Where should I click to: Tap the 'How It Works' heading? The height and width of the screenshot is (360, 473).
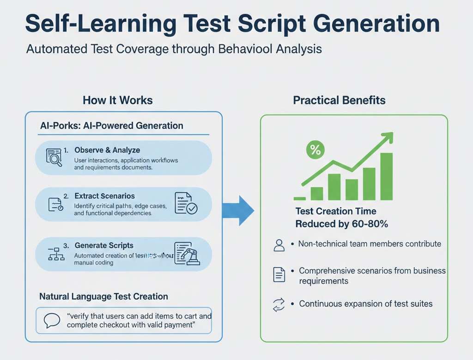(117, 100)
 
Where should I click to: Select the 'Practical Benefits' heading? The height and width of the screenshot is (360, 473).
(339, 100)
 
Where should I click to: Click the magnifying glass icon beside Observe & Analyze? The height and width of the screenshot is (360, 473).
(54, 157)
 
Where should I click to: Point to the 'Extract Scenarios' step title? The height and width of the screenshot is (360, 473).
(105, 196)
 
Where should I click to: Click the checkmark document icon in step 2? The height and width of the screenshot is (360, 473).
(186, 203)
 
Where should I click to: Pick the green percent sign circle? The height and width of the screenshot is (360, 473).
(316, 150)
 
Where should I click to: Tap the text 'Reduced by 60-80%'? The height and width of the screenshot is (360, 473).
(341, 224)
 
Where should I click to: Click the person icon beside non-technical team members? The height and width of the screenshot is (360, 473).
(279, 245)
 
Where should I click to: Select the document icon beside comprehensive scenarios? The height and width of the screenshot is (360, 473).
(279, 275)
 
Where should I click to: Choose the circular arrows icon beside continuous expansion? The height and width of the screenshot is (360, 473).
(279, 304)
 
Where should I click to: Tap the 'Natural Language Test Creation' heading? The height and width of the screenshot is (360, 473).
(104, 296)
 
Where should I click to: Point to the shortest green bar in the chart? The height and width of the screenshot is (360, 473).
(317, 194)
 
